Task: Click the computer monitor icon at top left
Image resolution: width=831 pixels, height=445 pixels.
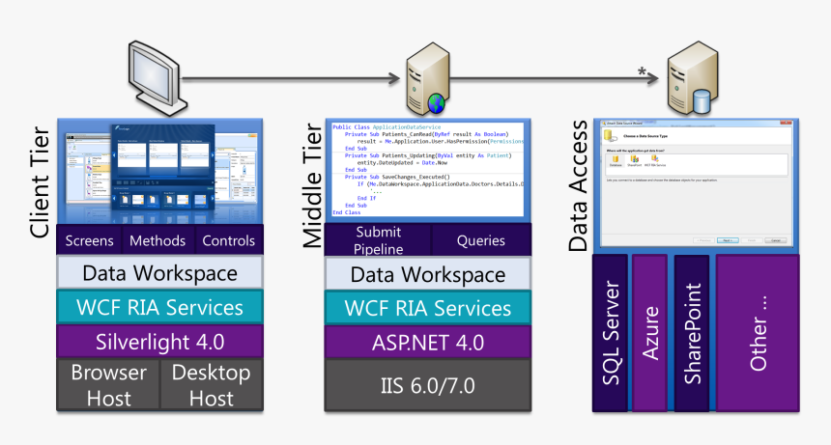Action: click(154, 75)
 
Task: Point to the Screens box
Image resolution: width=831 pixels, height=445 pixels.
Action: click(88, 240)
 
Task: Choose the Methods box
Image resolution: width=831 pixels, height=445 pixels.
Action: click(157, 240)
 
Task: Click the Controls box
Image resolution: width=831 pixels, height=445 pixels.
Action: click(229, 240)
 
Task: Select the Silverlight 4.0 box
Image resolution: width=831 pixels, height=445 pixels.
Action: click(160, 341)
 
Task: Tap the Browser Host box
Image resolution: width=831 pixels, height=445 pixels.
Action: click(108, 384)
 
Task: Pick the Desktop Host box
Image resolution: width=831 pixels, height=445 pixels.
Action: click(212, 384)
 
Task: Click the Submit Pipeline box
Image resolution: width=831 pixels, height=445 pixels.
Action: click(378, 240)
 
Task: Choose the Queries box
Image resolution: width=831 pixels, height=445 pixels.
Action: click(480, 240)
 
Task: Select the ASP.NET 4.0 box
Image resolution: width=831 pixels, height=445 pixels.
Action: click(428, 342)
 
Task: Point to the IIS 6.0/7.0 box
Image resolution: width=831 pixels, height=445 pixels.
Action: click(428, 384)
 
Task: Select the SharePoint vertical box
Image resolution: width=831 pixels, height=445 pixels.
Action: click(692, 333)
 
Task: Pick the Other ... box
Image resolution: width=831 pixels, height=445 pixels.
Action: click(758, 333)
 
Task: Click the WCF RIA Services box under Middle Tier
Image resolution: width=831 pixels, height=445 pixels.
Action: click(428, 308)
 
